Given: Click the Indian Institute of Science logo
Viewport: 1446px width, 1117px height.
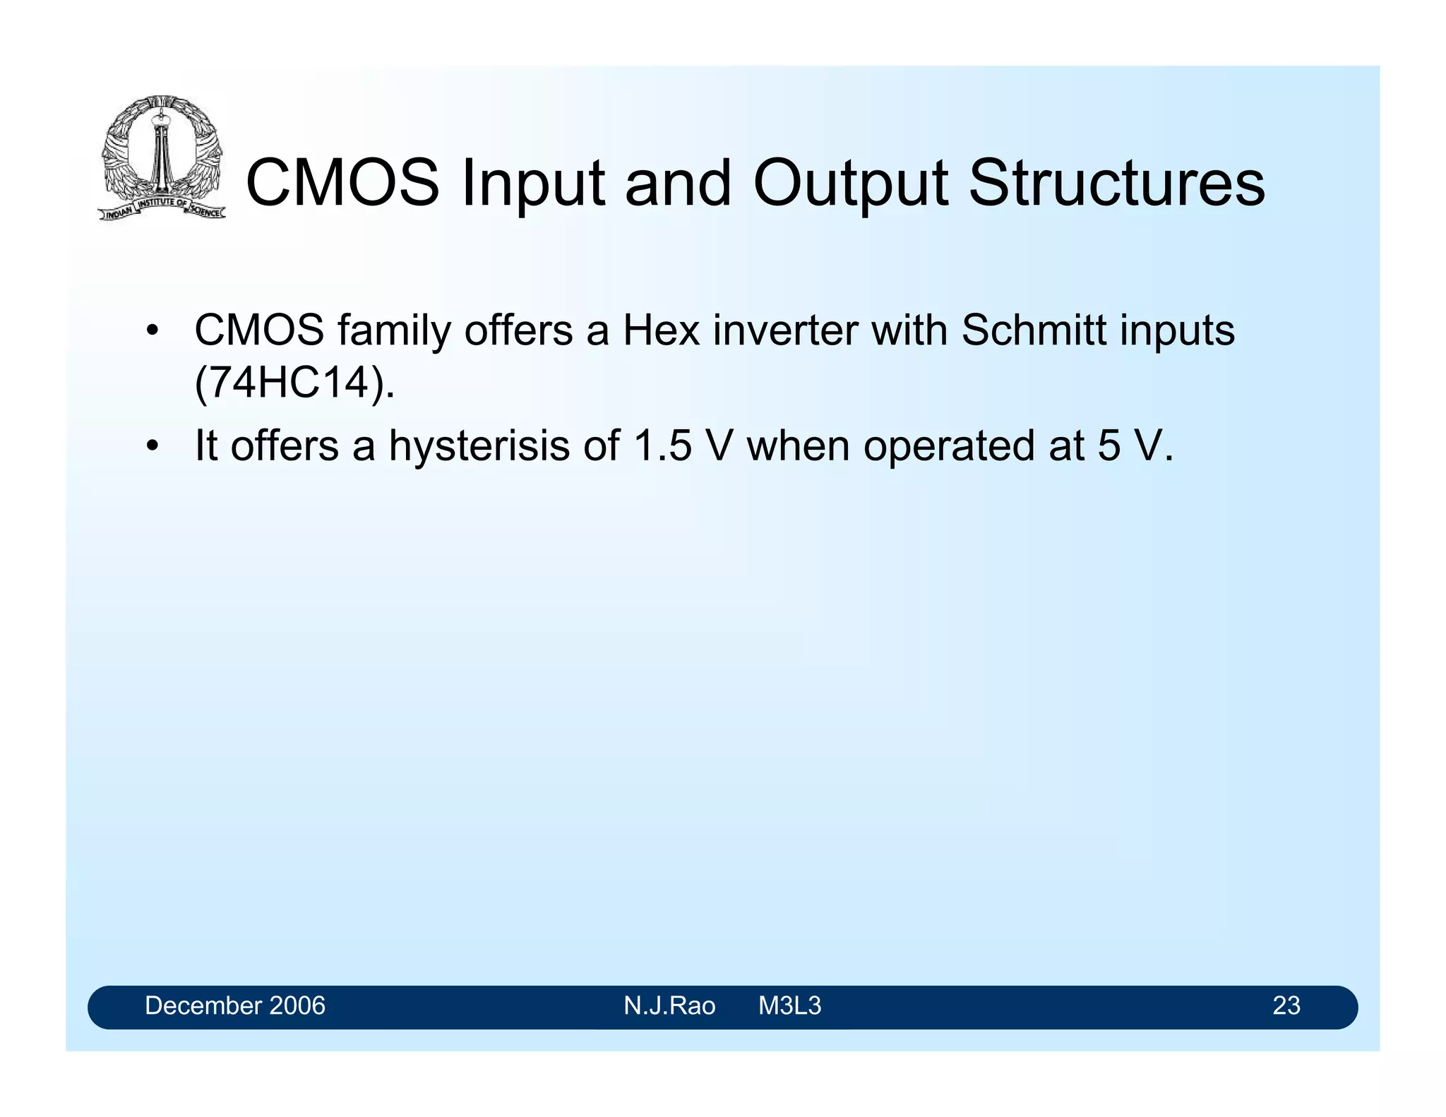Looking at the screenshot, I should point(162,157).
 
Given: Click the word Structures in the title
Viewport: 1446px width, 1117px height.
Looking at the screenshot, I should point(1116,183).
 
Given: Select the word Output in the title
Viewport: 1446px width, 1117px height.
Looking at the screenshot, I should point(850,183).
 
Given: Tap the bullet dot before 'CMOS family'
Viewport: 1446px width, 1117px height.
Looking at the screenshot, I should point(152,331).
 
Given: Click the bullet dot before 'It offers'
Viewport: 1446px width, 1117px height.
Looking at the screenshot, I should point(152,447).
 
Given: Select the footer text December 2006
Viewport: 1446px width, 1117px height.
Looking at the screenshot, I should point(235,1005).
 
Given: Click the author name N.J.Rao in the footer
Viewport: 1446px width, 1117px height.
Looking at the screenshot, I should point(669,1005).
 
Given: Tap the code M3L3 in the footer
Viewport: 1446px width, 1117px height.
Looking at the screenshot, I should point(789,1005).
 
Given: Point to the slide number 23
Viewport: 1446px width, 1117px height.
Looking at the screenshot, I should point(1286,1005).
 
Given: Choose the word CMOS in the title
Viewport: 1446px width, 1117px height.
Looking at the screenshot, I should point(342,183).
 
